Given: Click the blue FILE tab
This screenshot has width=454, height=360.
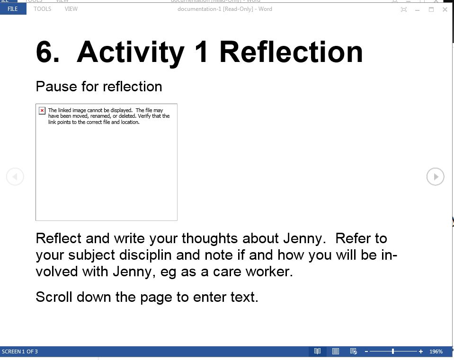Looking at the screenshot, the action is click(x=13, y=9).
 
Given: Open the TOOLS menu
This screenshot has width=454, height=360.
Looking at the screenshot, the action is click(x=42, y=9).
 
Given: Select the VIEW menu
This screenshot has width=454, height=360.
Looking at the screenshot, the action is click(x=71, y=9).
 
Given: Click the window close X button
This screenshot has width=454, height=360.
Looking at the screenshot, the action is click(x=445, y=9).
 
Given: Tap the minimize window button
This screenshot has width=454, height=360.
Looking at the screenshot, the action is click(x=417, y=10).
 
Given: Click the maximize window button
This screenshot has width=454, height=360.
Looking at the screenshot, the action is click(x=431, y=9).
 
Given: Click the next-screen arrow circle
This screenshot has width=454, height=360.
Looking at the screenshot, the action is click(x=435, y=176).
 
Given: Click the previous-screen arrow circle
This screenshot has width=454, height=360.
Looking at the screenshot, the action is click(x=15, y=176).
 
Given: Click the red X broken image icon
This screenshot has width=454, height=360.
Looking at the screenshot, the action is click(x=42, y=111).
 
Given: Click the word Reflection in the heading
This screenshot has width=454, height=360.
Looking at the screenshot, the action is click(x=291, y=52).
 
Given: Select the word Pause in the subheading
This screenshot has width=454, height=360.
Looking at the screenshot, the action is click(x=56, y=86).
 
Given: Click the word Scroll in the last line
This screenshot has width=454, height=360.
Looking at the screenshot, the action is click(x=54, y=297).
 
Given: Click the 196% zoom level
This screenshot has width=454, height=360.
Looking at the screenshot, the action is click(x=436, y=351).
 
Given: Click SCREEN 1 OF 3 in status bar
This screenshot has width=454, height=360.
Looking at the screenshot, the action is click(x=20, y=351).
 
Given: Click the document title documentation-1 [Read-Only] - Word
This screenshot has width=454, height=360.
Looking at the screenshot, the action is click(x=225, y=9).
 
